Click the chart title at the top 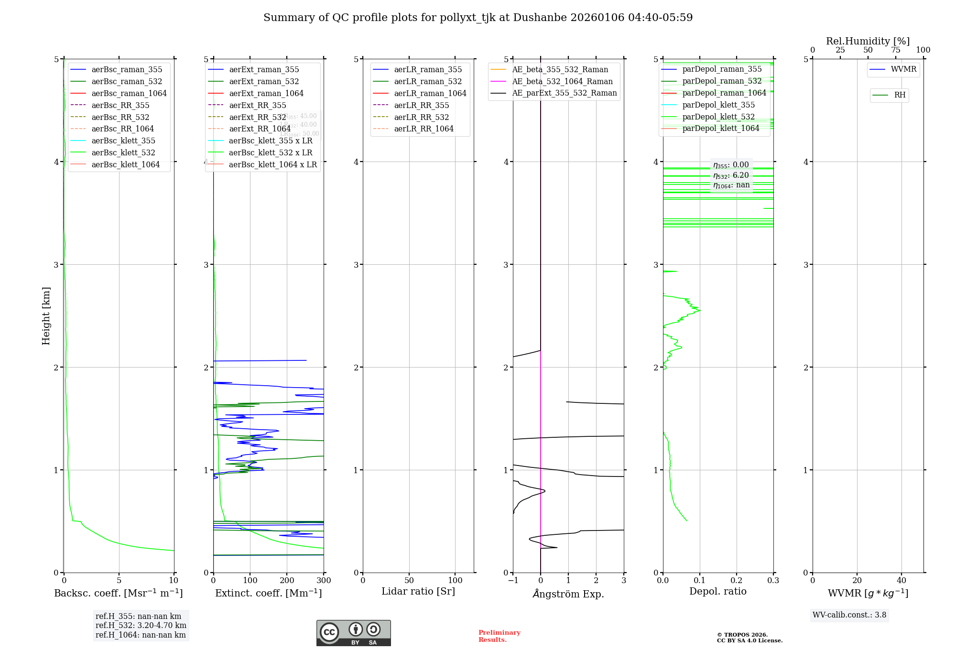[x=478, y=18]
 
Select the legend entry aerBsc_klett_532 [x=123, y=153]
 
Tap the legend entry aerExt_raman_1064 [x=266, y=94]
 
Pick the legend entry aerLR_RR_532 [x=422, y=118]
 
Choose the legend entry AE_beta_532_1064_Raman [x=562, y=82]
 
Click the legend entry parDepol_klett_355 [x=718, y=105]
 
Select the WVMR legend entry [x=903, y=70]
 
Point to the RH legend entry [x=900, y=96]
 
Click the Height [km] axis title [x=46, y=316]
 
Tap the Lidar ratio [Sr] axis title [x=418, y=592]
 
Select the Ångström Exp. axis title [x=568, y=594]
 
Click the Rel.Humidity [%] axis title [x=868, y=42]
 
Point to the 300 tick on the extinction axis [x=324, y=581]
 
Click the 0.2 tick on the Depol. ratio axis [x=737, y=581]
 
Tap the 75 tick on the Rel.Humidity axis [x=895, y=50]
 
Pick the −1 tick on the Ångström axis [x=513, y=581]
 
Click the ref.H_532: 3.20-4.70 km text [x=141, y=626]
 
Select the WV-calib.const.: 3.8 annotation [x=849, y=615]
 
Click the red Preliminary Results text [x=499, y=636]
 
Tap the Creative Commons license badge [x=353, y=633]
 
